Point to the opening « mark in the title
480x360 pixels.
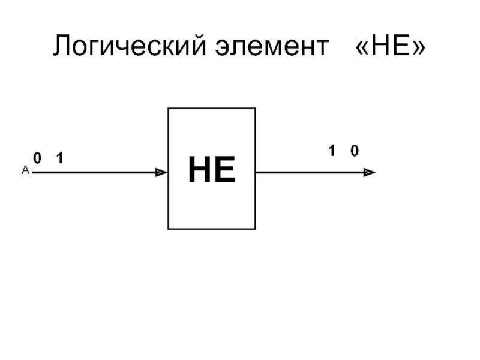(362, 47)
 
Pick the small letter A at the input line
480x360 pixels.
(25, 170)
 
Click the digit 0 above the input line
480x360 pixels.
(37, 158)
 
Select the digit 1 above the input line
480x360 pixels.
(59, 158)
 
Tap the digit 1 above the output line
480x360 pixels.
(331, 152)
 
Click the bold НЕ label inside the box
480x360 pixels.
(211, 170)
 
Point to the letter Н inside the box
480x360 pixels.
(200, 170)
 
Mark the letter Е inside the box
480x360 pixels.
(224, 170)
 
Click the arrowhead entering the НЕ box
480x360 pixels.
(161, 173)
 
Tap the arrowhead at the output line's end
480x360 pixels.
(369, 173)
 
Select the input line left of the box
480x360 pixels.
(96, 173)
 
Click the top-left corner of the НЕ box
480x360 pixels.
(168, 109)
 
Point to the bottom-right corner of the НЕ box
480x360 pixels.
(256, 229)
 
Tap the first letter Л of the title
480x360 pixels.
(61, 46)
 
